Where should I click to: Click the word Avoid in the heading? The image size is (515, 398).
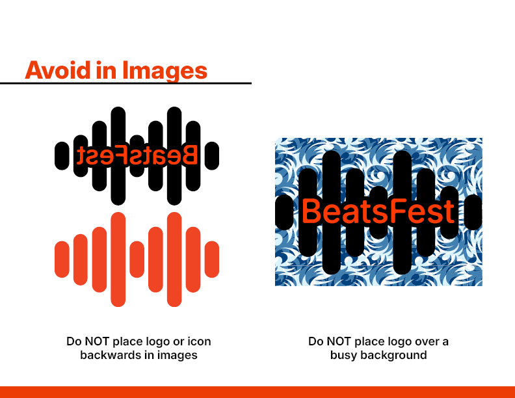(58, 70)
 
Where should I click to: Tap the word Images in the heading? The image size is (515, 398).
(165, 71)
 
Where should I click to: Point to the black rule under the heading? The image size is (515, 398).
(125, 83)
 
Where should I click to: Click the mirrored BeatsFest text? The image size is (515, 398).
(137, 155)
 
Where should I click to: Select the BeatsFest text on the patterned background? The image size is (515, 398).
(378, 211)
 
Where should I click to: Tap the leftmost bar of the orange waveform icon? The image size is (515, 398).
(62, 259)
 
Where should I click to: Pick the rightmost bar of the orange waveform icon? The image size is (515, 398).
(212, 259)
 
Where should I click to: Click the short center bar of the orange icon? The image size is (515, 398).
(137, 259)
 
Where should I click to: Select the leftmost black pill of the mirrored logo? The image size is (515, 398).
(62, 156)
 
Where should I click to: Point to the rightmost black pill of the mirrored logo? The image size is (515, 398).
(212, 156)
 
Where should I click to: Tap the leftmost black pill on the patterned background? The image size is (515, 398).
(284, 212)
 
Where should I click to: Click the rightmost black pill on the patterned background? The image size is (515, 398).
(473, 212)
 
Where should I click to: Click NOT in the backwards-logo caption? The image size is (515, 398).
(98, 341)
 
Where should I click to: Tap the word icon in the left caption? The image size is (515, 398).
(199, 341)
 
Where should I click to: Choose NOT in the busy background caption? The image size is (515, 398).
(339, 341)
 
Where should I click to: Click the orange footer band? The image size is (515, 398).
(257, 392)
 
